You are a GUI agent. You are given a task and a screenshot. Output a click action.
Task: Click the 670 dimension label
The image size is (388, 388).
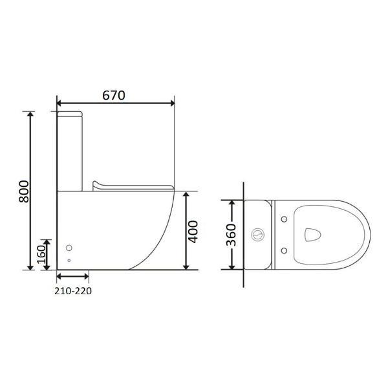(x=114, y=95)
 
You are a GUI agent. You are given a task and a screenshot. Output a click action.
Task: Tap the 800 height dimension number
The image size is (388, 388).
(x=24, y=191)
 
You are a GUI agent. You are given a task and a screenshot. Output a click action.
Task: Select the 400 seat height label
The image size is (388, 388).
(x=193, y=232)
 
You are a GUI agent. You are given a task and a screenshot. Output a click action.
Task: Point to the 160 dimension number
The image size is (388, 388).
(x=41, y=254)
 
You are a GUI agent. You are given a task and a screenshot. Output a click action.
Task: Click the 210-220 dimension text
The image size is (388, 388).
(x=73, y=291)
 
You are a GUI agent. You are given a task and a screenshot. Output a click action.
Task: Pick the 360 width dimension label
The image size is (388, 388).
(x=232, y=235)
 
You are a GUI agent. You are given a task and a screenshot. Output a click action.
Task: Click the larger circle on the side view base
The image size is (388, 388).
(x=69, y=248)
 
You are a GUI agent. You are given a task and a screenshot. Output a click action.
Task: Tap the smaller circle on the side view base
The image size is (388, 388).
(x=69, y=261)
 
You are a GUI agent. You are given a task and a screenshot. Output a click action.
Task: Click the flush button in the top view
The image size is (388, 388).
(x=258, y=234)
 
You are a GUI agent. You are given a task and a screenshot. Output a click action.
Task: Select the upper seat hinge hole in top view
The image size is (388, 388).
(x=284, y=219)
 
